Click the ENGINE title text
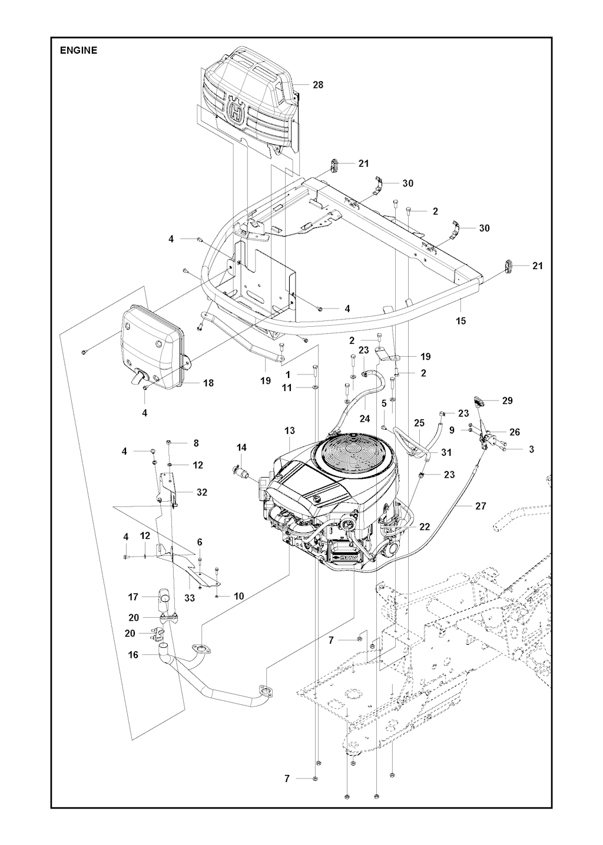(78, 51)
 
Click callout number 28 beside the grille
(318, 85)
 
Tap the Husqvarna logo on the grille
(236, 110)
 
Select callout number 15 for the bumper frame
(460, 321)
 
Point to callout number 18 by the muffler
(208, 383)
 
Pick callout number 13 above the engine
(290, 431)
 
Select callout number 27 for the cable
(481, 505)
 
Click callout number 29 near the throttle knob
(507, 400)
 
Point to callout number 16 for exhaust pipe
(134, 655)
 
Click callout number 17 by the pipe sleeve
(134, 597)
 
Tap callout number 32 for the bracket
(202, 492)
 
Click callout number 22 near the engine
(424, 526)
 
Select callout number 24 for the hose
(365, 419)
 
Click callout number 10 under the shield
(238, 596)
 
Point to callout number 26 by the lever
(515, 432)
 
